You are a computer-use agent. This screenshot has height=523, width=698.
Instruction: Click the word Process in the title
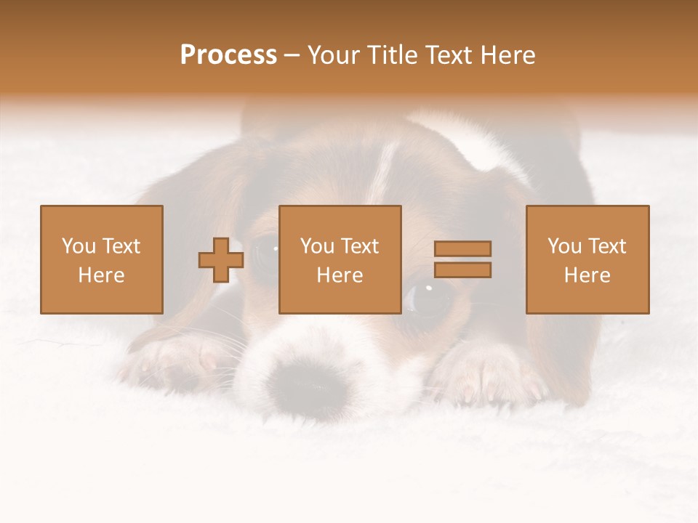coord(228,55)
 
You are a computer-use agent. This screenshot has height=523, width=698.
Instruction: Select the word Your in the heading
coord(332,55)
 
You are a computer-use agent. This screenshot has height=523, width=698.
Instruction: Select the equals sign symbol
coord(462,259)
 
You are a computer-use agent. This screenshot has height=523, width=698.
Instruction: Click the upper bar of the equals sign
coord(462,249)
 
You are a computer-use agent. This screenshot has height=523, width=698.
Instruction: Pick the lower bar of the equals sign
coord(462,270)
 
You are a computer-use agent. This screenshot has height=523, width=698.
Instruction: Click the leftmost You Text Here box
coord(101,259)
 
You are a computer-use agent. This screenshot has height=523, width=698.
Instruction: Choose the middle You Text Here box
coord(340,259)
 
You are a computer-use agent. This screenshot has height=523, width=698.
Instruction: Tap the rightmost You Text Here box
coord(587,259)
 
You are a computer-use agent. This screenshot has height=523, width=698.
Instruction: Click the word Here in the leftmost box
coord(101,275)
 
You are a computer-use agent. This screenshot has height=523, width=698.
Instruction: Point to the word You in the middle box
coord(317,246)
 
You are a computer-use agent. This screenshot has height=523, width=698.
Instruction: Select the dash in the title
coord(292,55)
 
